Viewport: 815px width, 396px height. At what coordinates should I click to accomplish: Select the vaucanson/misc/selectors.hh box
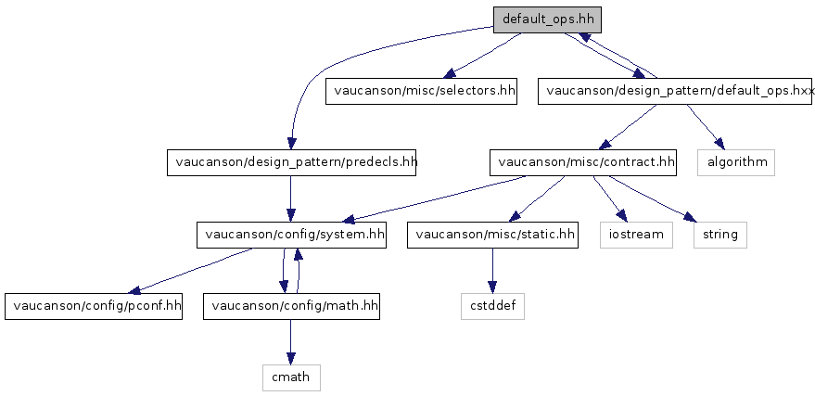(421, 91)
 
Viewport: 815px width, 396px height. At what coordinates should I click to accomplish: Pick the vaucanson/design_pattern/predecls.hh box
(292, 162)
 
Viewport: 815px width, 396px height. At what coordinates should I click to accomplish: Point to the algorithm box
(736, 162)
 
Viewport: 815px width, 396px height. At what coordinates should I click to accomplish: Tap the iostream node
(635, 235)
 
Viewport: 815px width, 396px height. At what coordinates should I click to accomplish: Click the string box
(719, 235)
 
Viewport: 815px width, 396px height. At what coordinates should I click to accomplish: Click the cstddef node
(492, 306)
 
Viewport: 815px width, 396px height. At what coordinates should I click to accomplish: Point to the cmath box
(290, 377)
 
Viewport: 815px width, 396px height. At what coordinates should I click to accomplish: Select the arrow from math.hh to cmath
(291, 341)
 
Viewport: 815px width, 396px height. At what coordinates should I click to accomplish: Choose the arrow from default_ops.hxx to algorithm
(704, 126)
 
